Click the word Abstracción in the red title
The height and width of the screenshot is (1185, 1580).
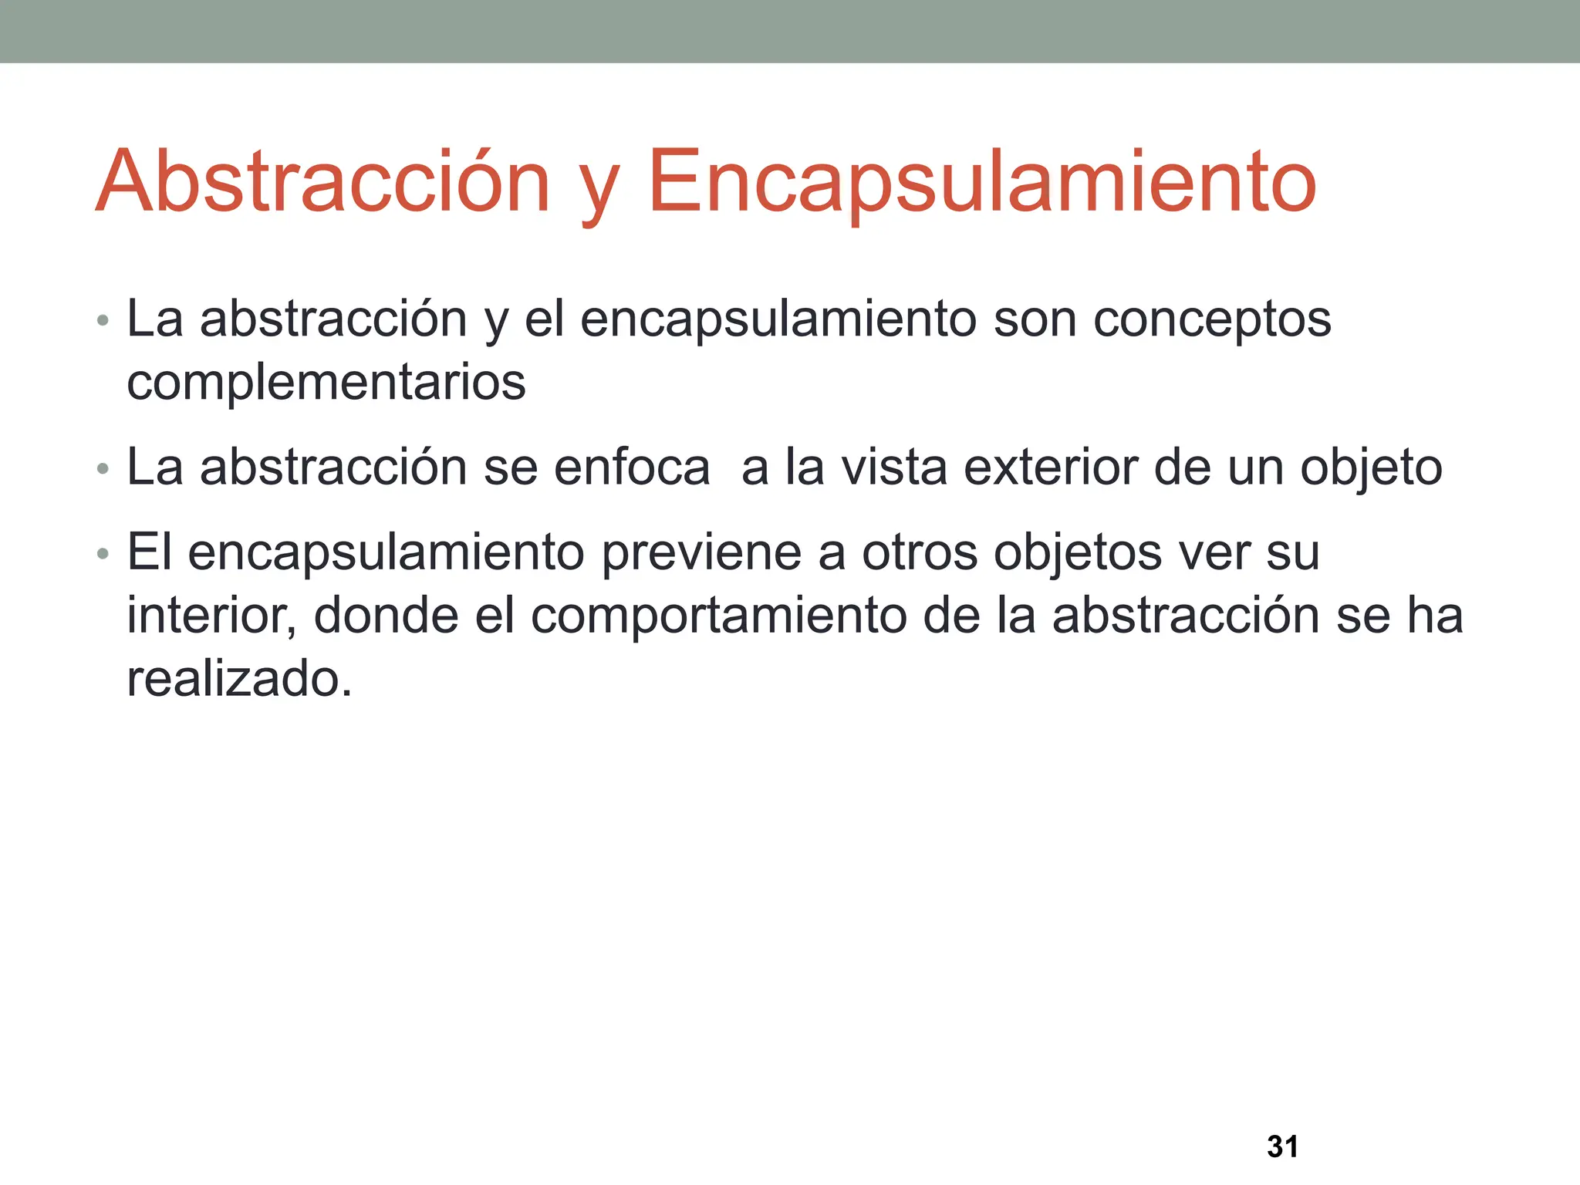click(x=322, y=182)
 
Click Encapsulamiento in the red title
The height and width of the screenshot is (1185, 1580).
click(x=981, y=182)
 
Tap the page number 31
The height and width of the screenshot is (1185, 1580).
click(x=1282, y=1146)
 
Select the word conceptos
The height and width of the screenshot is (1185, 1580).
click(x=1212, y=319)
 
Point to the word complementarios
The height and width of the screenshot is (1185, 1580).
click(x=326, y=383)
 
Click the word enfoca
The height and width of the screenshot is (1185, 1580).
click(x=632, y=468)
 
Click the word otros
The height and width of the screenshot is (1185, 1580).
click(x=919, y=552)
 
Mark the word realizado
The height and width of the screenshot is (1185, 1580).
click(x=238, y=679)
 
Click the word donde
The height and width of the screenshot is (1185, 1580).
click(x=386, y=616)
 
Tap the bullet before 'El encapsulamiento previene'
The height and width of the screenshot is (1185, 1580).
click(x=103, y=554)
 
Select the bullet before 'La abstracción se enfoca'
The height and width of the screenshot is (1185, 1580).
click(x=103, y=469)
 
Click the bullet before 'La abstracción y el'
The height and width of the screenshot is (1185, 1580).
click(x=103, y=321)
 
